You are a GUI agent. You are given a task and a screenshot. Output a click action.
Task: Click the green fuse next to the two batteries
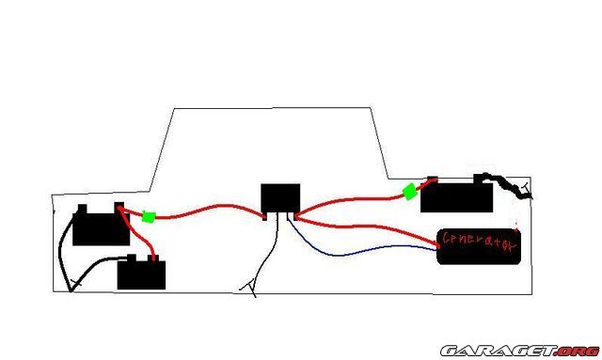coord(149,217)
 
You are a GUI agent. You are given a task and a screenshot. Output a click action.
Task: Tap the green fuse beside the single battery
coord(410,192)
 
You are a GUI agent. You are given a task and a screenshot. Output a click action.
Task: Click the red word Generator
coord(479,242)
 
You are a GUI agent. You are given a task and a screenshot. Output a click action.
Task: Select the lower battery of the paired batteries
coord(141,273)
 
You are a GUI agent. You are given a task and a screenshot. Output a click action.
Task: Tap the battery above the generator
coord(456,195)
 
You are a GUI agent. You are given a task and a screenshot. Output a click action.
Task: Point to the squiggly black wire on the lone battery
coord(507,186)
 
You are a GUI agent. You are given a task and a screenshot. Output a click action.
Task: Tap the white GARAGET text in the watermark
coord(499,351)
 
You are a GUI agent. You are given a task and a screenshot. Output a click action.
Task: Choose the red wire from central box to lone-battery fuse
coord(345,201)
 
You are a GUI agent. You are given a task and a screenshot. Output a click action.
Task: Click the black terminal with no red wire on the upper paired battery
coord(82,209)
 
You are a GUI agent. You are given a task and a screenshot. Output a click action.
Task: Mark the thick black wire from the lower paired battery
coord(96,266)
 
